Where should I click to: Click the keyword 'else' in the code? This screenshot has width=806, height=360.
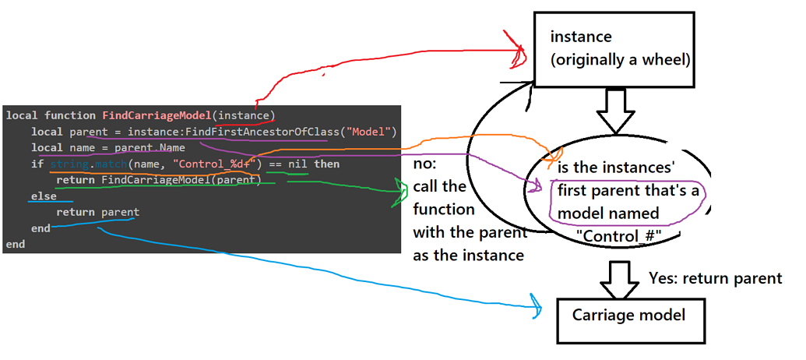[x=44, y=196]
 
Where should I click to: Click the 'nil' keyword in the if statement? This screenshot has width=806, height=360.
[x=295, y=164]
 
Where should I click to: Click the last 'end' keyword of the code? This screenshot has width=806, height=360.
[x=15, y=245]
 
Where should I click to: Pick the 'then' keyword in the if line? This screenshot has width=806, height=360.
[x=326, y=164]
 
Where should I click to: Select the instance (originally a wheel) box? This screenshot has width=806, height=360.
[x=614, y=48]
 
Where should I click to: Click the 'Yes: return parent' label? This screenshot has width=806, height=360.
[x=714, y=278]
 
